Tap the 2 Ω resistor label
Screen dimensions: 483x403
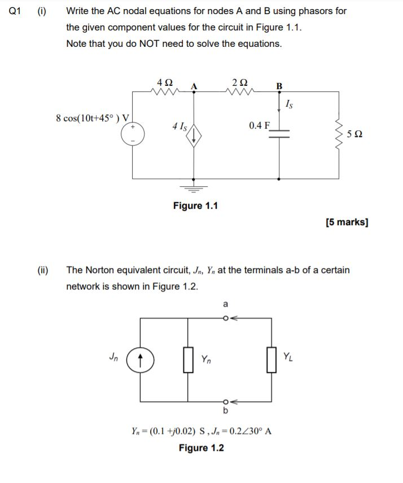point(239,82)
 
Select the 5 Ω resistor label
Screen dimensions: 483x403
point(355,134)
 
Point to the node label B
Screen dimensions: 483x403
point(279,86)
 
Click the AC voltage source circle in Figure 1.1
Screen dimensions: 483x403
point(133,134)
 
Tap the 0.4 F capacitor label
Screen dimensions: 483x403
point(260,125)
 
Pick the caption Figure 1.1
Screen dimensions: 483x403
point(195,205)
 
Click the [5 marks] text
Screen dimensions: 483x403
point(347,222)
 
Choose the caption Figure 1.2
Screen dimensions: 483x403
point(201,448)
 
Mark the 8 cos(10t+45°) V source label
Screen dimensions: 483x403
point(93,118)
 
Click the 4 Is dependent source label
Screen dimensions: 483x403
point(180,126)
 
